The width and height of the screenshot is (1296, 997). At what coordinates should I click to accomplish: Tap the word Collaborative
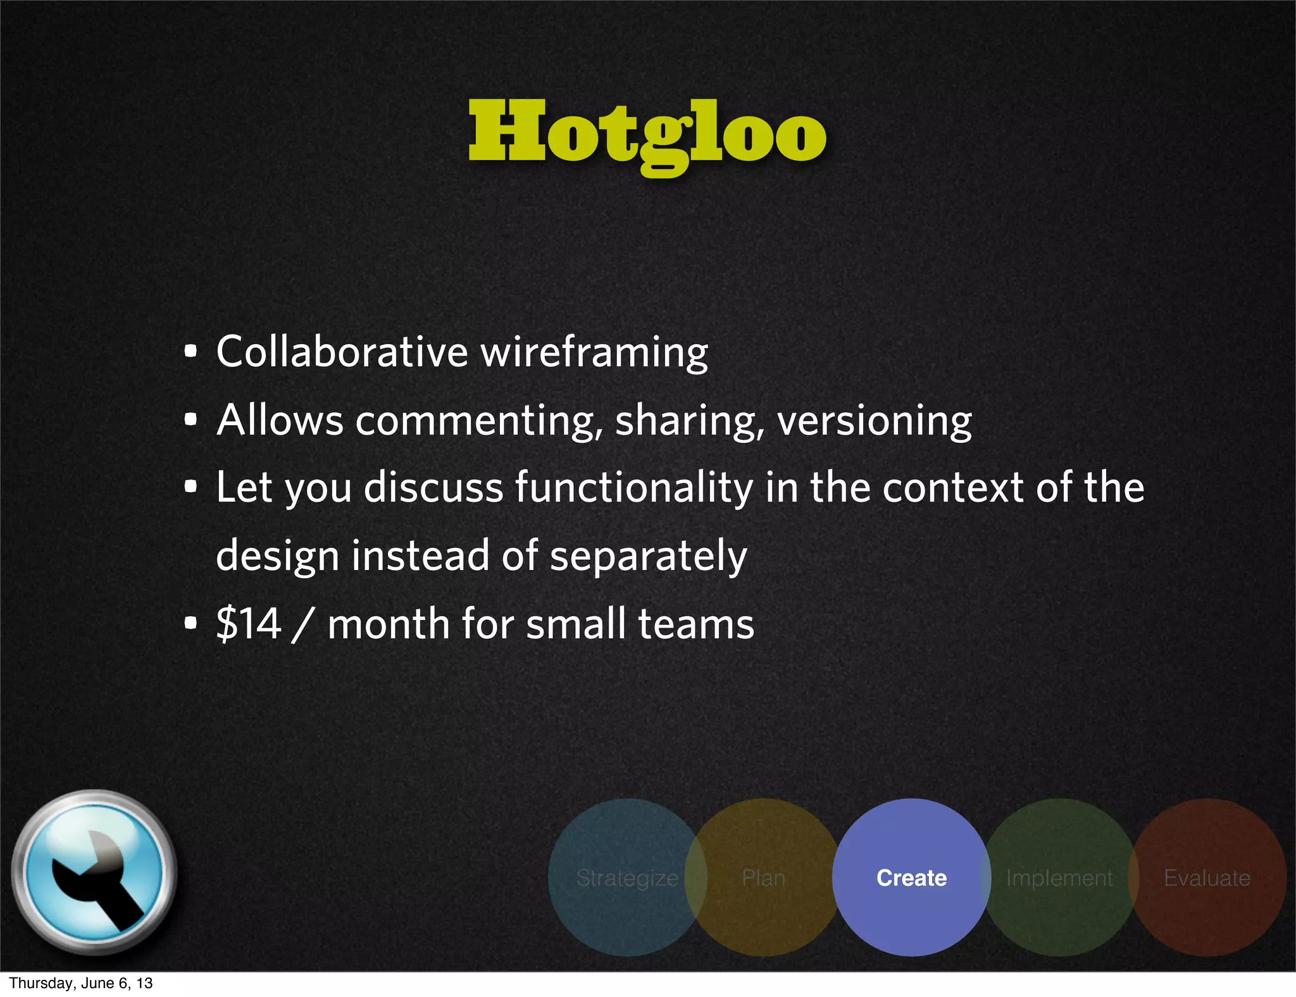[342, 352]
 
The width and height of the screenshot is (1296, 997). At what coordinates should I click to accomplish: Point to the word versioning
[874, 421]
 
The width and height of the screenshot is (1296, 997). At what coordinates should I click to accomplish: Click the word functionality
[634, 488]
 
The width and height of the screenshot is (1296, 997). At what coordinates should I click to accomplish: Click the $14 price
[249, 624]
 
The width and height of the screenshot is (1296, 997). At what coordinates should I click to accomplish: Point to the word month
[388, 624]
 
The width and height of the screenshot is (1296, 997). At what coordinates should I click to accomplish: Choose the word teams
[696, 624]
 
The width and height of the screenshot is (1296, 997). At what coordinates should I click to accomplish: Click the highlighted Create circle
[911, 877]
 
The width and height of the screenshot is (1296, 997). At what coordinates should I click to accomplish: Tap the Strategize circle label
[627, 878]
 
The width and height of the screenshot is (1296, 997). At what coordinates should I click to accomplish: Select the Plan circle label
[763, 878]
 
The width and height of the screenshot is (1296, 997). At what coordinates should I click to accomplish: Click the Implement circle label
[1059, 878]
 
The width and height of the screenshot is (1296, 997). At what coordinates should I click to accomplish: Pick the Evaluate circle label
[1207, 878]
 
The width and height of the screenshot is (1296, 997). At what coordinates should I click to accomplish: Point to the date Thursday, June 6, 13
[81, 983]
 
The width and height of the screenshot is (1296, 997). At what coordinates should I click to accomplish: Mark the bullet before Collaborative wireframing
[190, 352]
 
